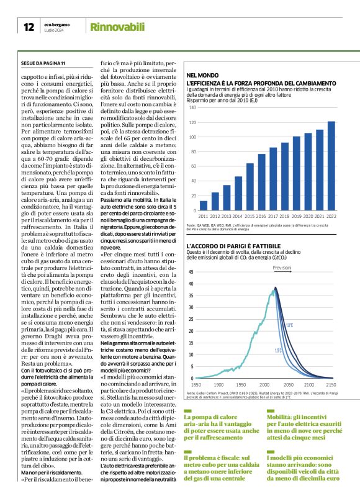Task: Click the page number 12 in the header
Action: coord(29,27)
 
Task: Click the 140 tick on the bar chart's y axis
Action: coord(192,107)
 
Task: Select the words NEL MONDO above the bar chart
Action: coord(201,74)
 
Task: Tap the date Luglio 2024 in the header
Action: coord(54,30)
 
